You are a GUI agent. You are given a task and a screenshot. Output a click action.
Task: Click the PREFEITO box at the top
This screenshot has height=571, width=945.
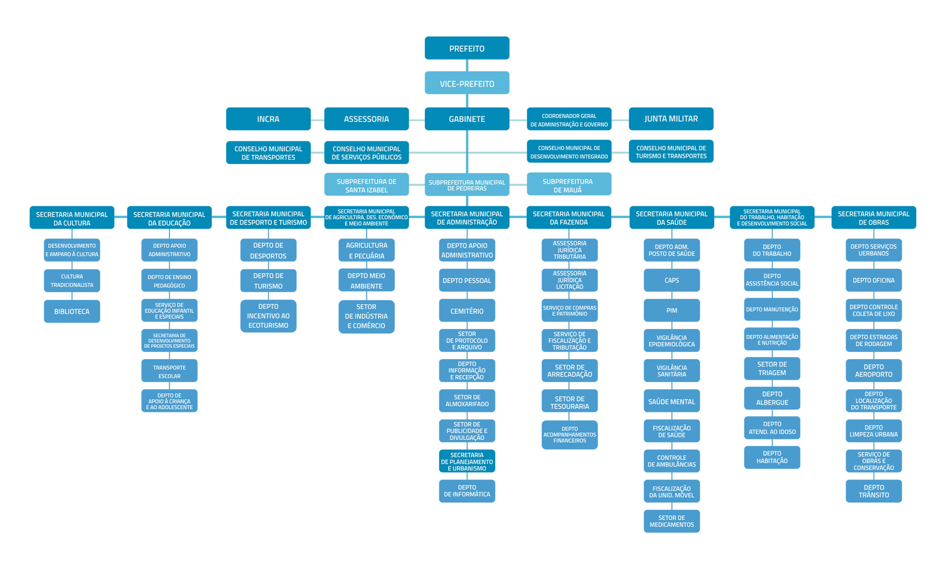coord(467,48)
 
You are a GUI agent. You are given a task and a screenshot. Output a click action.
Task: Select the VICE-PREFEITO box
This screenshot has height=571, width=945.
coord(467,83)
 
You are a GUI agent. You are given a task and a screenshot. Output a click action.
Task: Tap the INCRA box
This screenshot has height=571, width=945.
coord(268,119)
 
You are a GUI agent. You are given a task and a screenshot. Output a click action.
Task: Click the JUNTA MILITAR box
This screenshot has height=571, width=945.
coord(671,119)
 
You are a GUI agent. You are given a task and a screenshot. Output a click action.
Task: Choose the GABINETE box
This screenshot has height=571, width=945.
coord(467,119)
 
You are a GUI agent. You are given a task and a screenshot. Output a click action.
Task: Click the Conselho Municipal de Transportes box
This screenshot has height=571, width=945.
coord(268,152)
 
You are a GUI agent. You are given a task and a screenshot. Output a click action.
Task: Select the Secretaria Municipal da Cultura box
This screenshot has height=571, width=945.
coord(72,217)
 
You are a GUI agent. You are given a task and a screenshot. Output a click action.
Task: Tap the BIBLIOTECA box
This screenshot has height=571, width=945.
coord(72,311)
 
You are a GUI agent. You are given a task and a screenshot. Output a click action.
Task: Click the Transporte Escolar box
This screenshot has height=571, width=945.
coord(169,370)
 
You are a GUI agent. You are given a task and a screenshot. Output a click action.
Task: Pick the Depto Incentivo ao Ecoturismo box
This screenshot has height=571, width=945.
coord(268,316)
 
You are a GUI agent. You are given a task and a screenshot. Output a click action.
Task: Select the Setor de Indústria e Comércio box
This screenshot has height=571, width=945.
coord(366,316)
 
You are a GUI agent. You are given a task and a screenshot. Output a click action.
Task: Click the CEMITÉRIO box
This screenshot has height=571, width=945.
coord(467,310)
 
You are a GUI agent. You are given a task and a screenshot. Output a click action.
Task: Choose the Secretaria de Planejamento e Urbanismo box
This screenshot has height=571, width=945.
coord(467,461)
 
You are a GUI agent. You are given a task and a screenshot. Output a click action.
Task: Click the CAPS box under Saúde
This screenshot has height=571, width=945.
coord(671,280)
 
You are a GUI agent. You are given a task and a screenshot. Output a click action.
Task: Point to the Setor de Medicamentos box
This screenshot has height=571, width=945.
coord(671,521)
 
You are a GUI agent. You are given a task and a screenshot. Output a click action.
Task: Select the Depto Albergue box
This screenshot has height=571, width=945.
coord(772,398)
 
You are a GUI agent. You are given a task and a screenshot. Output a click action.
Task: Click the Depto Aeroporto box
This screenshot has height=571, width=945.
coord(874,370)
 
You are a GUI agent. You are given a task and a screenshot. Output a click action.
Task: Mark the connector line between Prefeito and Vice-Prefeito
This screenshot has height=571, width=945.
coord(467,66)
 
